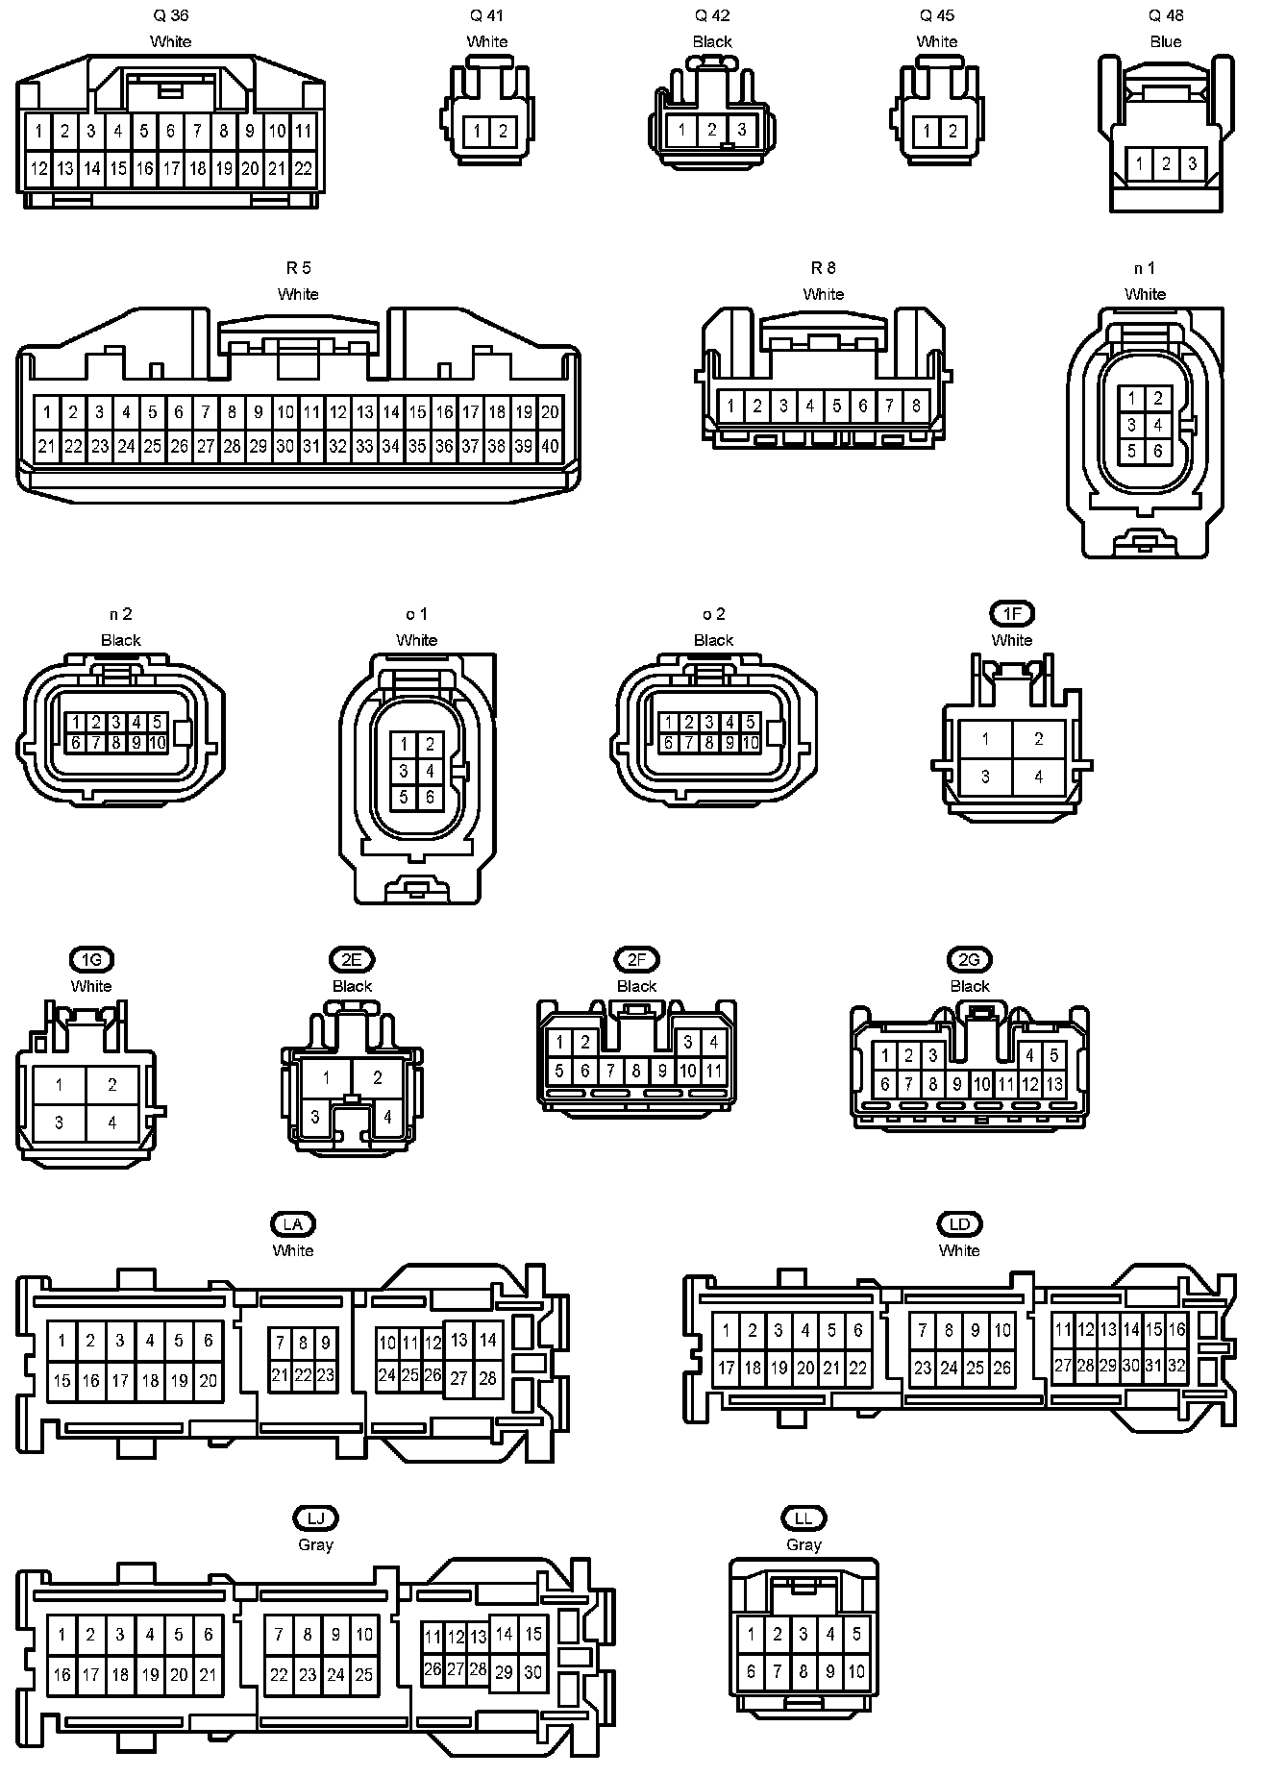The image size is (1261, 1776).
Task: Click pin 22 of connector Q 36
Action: click(x=303, y=169)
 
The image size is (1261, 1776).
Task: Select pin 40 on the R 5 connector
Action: click(x=550, y=446)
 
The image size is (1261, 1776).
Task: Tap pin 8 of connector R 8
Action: click(x=916, y=407)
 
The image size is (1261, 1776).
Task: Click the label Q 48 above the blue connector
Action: click(x=1166, y=16)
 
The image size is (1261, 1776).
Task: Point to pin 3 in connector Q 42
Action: click(x=742, y=130)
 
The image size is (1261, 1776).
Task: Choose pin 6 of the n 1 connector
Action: click(x=1158, y=451)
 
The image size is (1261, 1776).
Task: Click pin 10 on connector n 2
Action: click(x=158, y=743)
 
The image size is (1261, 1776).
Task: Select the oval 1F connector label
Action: click(x=1012, y=614)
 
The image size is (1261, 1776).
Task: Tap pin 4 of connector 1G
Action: click(x=112, y=1122)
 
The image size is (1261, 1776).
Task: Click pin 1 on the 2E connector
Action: click(x=327, y=1078)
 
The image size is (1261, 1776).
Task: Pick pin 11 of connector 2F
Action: click(x=714, y=1071)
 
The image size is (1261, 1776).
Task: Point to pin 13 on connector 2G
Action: click(x=1054, y=1085)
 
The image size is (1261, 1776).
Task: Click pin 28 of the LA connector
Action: click(x=487, y=1378)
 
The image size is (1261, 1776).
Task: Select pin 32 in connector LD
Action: click(x=1177, y=1365)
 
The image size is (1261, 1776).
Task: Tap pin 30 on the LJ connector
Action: click(x=532, y=1672)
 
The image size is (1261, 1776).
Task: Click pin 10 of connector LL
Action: click(x=855, y=1672)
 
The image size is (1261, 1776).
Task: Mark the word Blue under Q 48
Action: click(x=1166, y=42)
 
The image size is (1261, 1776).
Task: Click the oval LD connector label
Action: click(x=959, y=1224)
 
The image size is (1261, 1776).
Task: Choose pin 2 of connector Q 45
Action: click(x=952, y=132)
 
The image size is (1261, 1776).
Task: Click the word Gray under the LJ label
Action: click(x=315, y=1545)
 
